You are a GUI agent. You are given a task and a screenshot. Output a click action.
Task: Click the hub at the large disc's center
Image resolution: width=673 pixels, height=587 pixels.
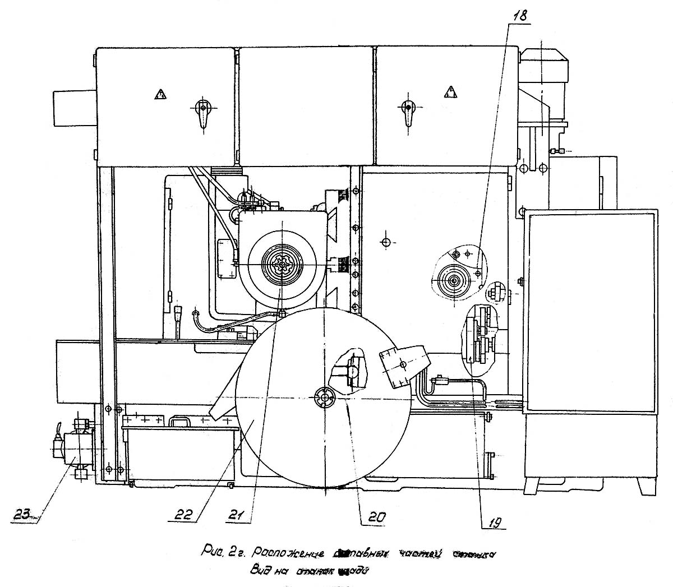325,397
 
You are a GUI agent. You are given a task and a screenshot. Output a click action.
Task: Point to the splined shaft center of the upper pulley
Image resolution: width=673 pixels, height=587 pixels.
281,264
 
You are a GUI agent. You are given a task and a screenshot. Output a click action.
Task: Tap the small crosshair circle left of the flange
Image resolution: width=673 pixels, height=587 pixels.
385,242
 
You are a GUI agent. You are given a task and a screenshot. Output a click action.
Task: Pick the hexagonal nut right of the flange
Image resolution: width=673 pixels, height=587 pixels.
495,292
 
